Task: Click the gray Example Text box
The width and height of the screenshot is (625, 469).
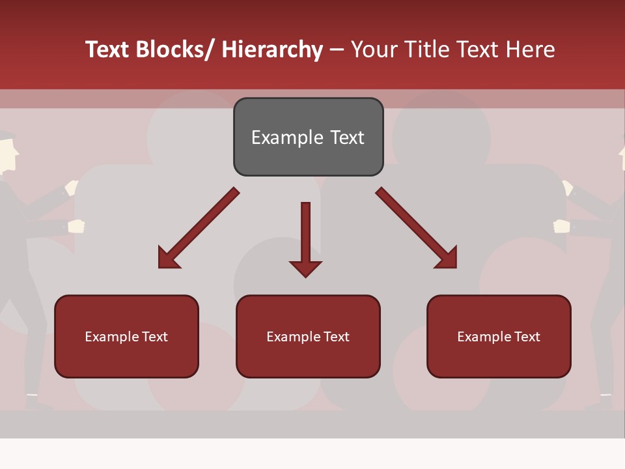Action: tap(308, 137)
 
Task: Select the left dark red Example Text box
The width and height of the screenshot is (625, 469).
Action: tap(126, 336)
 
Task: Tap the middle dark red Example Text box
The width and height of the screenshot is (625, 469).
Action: tap(308, 336)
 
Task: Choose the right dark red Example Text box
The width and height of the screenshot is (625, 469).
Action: tap(499, 336)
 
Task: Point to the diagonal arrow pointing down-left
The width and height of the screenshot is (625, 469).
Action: tap(198, 229)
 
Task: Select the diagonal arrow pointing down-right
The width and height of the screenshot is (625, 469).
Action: tap(417, 229)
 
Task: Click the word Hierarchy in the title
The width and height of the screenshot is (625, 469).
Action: tap(272, 50)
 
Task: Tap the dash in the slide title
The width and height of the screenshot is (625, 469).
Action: tap(337, 50)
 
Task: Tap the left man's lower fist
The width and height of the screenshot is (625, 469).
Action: tap(77, 226)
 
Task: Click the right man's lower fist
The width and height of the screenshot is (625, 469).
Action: tap(561, 226)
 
